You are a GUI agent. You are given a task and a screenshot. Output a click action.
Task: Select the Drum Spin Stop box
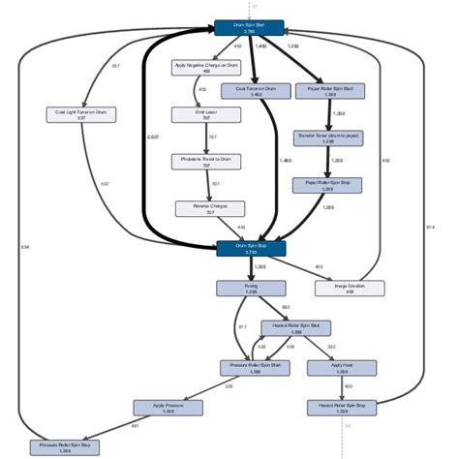(251, 248)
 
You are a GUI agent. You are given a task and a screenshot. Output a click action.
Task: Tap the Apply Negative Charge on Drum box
(205, 68)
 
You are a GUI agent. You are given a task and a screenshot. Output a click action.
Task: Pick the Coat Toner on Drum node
(256, 91)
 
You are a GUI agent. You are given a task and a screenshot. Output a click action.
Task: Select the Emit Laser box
(205, 114)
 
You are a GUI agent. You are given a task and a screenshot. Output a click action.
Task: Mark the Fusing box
(251, 289)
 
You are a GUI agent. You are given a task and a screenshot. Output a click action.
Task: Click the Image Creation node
(349, 289)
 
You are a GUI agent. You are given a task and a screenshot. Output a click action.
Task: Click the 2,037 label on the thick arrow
(153, 138)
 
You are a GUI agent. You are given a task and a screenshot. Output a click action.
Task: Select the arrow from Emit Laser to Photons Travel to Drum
(205, 138)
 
